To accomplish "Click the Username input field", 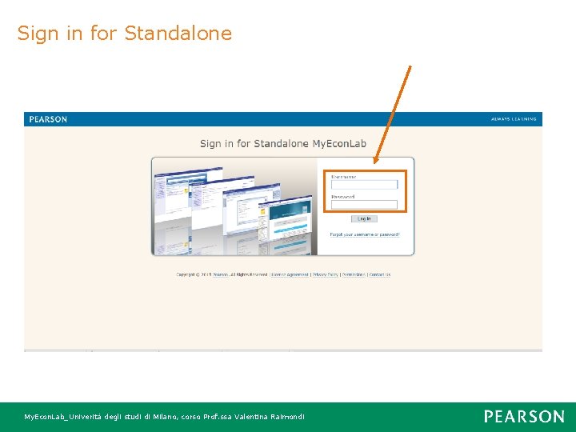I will tap(364, 185).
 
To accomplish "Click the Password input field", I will tap(364, 205).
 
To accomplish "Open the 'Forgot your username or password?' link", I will tap(364, 234).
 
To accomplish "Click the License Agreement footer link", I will tap(290, 274).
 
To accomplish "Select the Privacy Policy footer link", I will tap(325, 274).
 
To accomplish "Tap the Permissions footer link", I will tap(353, 274).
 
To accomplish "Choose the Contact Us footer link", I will tap(380, 274).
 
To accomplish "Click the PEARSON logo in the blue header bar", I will tap(48, 119).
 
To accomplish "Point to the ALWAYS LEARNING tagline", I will tap(514, 119).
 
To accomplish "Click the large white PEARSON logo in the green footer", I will tap(524, 416).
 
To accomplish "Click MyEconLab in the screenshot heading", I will tap(338, 144).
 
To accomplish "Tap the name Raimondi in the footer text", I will tap(286, 417).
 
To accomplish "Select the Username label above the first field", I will tap(344, 176).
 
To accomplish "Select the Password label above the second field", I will tap(343, 196).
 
